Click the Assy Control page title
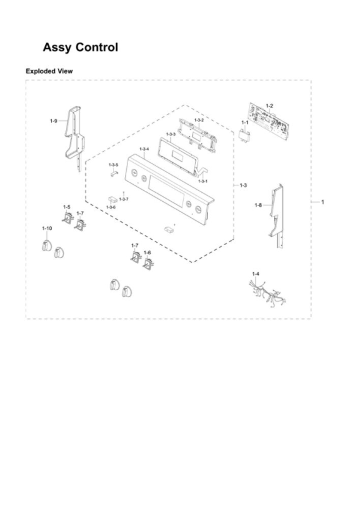tap(81, 48)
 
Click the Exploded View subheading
tap(49, 71)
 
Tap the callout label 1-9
tap(54, 121)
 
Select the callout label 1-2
tap(269, 106)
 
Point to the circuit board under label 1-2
tap(269, 121)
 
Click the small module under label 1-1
tap(245, 135)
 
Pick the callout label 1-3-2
tap(199, 120)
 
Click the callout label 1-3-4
tap(144, 149)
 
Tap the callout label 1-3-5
tap(113, 165)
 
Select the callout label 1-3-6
tap(111, 207)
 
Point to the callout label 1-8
tap(258, 205)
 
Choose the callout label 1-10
tap(47, 229)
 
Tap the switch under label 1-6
tap(148, 263)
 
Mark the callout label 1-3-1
tap(203, 181)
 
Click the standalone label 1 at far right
tap(322, 202)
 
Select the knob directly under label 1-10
tap(46, 246)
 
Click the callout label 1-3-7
tap(124, 199)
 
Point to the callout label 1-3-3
tap(171, 134)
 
